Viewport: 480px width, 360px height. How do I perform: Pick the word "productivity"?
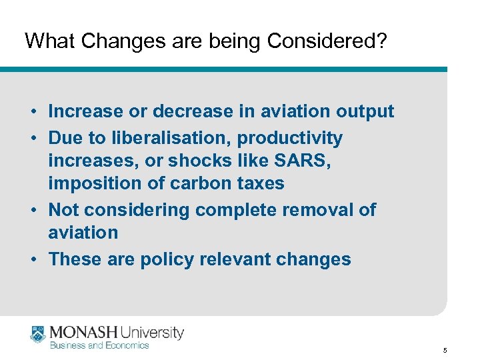click(290, 138)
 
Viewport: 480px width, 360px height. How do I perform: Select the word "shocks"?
click(195, 161)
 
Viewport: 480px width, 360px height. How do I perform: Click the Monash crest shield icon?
click(37, 335)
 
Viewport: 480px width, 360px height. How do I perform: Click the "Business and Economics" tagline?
click(99, 345)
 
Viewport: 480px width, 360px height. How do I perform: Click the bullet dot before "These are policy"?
click(32, 260)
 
